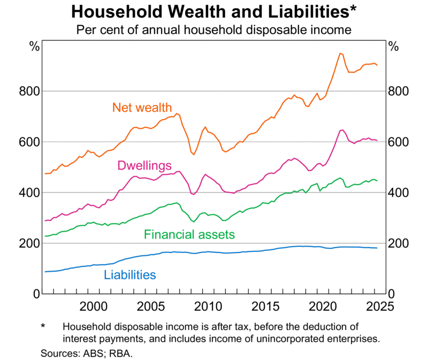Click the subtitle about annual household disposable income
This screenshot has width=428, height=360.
(213, 29)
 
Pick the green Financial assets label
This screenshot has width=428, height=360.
(189, 234)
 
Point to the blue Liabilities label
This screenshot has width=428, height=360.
(130, 275)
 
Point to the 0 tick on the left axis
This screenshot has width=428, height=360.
(35, 294)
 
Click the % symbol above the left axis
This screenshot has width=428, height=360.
(34, 47)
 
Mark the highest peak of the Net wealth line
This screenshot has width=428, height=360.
(340, 53)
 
